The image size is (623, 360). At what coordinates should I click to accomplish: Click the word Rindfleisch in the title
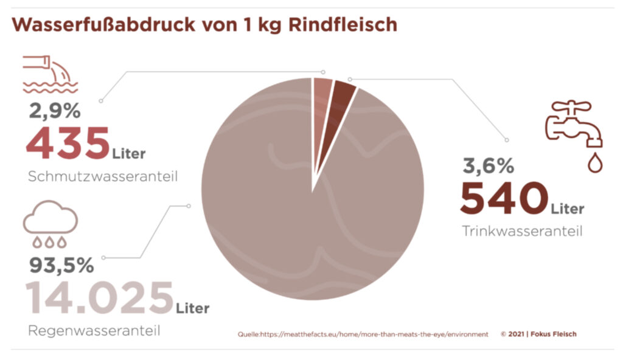click(x=345, y=25)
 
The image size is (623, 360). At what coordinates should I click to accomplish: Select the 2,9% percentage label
click(x=54, y=111)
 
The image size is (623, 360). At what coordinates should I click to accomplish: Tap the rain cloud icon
click(x=50, y=225)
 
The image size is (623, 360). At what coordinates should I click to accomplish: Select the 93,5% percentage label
click(x=61, y=265)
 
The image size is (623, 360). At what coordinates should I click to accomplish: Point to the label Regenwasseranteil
click(x=94, y=331)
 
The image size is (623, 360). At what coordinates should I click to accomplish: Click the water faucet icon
click(x=574, y=125)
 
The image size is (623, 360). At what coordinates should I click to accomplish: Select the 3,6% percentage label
click(x=488, y=165)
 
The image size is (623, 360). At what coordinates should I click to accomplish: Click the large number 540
click(x=503, y=198)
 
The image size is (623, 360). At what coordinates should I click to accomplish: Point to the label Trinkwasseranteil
click(x=522, y=232)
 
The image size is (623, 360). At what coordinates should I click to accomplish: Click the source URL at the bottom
click(x=363, y=334)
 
